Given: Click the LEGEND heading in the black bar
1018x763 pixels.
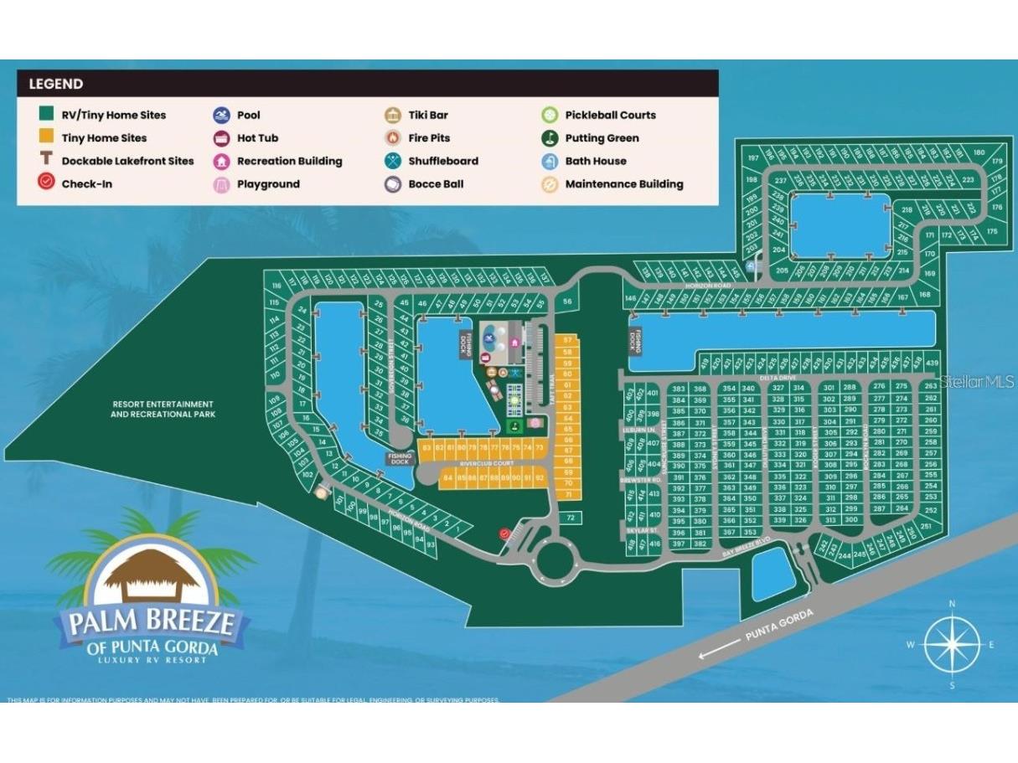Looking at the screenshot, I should tap(55, 84).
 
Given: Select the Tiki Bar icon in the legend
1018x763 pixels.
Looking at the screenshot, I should tap(391, 115).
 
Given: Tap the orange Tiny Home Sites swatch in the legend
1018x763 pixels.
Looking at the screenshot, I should tap(46, 138).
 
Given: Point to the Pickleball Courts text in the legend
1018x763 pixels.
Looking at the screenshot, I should tap(610, 115).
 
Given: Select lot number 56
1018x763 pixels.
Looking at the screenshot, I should tap(567, 302).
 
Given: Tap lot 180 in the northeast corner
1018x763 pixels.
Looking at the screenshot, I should tap(979, 152).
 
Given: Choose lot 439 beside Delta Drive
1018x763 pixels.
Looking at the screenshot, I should tap(931, 362).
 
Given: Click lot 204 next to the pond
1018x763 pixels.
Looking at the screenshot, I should tap(778, 250).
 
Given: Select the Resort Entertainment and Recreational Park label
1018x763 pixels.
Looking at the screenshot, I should tap(163, 409).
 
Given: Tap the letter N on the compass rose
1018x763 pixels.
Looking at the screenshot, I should tap(951, 603).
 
